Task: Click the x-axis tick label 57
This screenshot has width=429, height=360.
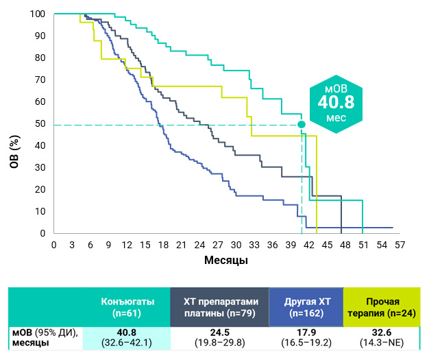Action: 400,245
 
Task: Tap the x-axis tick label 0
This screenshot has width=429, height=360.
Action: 54,245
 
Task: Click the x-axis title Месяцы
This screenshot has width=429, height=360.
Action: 226,261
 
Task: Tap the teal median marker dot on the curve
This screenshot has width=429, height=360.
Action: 301,124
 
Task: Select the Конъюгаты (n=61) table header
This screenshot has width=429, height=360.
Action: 127,307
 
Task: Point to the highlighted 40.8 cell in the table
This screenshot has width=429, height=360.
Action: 127,338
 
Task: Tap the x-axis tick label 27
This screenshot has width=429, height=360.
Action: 218,245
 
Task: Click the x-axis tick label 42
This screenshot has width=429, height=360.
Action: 309,245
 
